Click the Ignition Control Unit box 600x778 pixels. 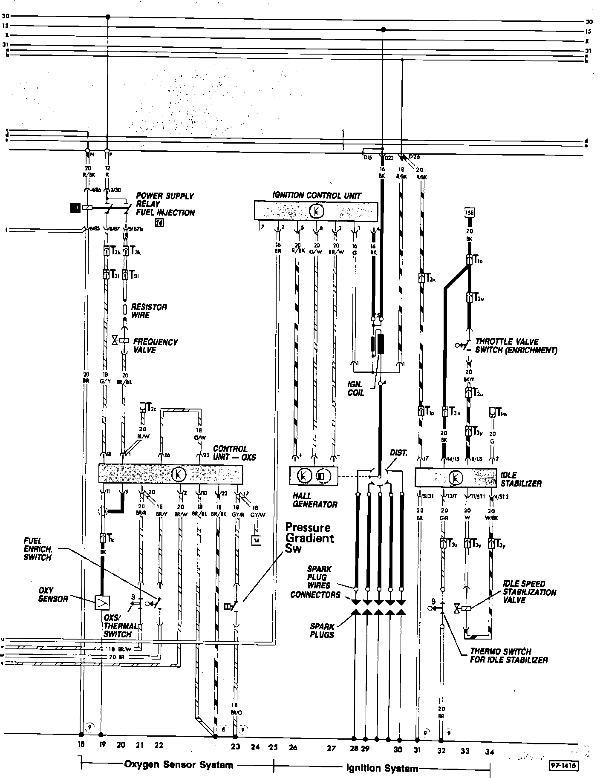click(x=316, y=210)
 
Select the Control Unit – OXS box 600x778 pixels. click(x=170, y=474)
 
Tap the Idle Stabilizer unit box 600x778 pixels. click(x=456, y=477)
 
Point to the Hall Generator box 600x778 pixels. click(x=313, y=475)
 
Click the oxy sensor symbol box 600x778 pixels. click(x=103, y=602)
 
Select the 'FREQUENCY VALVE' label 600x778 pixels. click(x=155, y=346)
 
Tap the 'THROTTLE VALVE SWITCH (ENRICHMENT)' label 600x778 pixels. click(x=516, y=346)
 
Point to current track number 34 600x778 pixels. click(x=489, y=752)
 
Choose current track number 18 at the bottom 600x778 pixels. click(x=81, y=745)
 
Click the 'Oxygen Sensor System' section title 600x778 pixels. click(x=179, y=765)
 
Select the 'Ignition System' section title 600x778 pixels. click(x=381, y=768)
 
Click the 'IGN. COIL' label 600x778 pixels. click(x=356, y=388)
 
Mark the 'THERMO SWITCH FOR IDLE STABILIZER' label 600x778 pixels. click(x=508, y=656)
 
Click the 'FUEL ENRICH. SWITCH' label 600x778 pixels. click(x=37, y=549)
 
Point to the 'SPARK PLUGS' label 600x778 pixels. click(x=322, y=631)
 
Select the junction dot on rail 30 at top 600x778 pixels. click(x=107, y=17)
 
